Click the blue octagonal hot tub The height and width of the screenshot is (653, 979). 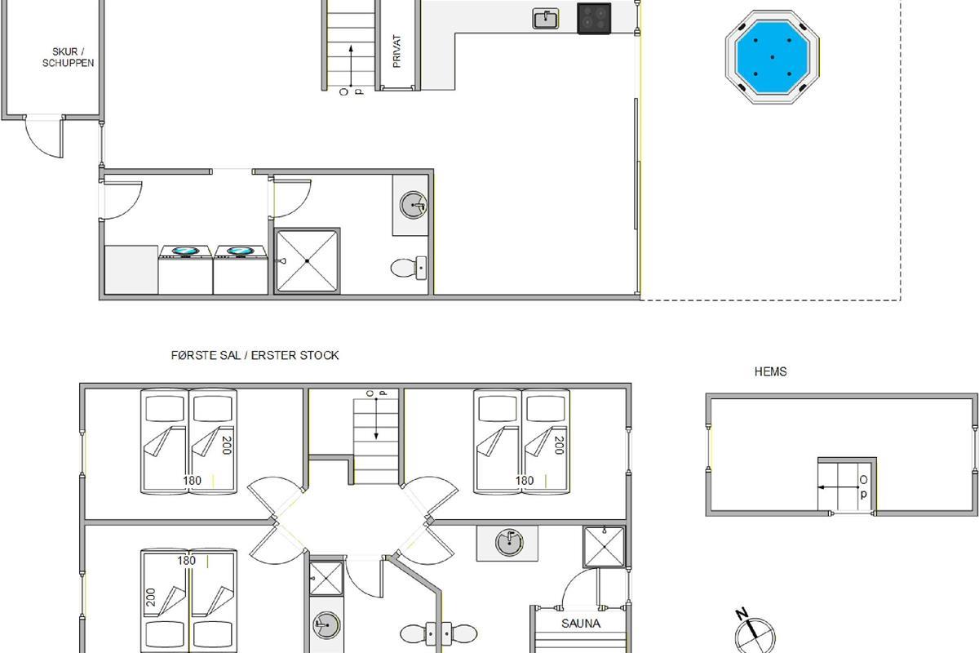click(773, 57)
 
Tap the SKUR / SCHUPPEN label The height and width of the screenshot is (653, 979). click(69, 57)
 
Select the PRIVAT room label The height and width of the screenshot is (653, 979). click(396, 51)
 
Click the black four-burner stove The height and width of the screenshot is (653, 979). click(594, 19)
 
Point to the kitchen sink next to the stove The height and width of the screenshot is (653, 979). click(546, 20)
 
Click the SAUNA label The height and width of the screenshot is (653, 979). click(581, 624)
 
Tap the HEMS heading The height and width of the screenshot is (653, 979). click(770, 371)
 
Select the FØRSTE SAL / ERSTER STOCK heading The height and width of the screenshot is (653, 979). click(255, 355)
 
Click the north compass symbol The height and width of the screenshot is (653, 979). click(755, 633)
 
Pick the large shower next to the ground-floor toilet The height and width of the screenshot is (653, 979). click(308, 260)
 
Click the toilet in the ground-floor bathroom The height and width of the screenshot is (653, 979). click(408, 268)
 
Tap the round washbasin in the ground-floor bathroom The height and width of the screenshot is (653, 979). click(413, 205)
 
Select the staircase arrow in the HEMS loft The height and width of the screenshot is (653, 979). click(839, 487)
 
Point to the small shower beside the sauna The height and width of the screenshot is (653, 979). click(605, 547)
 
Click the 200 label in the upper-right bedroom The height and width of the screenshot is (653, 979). click(560, 445)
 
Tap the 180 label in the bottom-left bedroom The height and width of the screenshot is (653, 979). click(186, 560)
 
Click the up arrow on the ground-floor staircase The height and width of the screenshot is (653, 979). click(351, 65)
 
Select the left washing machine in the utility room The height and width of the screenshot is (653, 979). click(186, 269)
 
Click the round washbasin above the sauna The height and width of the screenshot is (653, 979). click(509, 542)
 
